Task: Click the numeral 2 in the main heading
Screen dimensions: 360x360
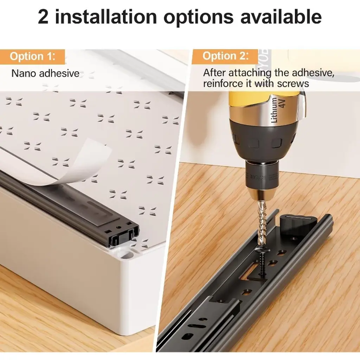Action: pyautogui.click(x=43, y=17)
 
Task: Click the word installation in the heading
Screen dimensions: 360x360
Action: pyautogui.click(x=106, y=17)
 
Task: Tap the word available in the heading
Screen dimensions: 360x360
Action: pyautogui.click(x=281, y=17)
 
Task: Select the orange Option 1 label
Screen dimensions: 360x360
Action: pyautogui.click(x=32, y=57)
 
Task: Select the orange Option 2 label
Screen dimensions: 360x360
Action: pyautogui.click(x=225, y=56)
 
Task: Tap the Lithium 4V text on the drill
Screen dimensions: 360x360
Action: pyautogui.click(x=278, y=110)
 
